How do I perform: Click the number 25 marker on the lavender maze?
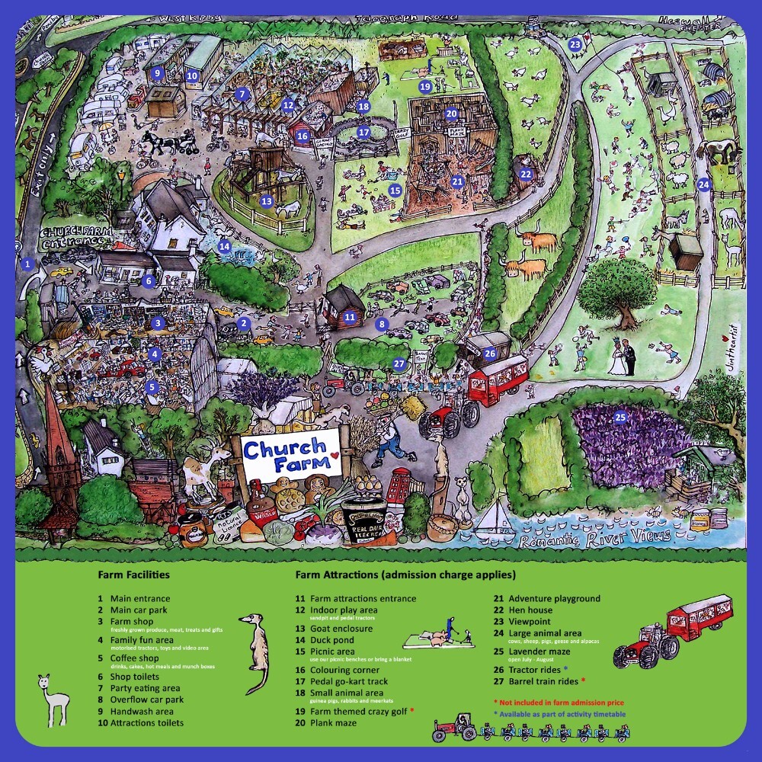click(620, 417)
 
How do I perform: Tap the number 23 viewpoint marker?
click(575, 45)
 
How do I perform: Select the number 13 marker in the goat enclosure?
click(266, 201)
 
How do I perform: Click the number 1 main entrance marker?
click(27, 264)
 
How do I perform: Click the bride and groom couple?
click(624, 357)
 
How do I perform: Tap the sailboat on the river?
click(494, 518)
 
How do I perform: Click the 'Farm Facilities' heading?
click(133, 575)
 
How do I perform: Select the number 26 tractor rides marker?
click(490, 353)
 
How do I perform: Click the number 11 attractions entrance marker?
click(350, 315)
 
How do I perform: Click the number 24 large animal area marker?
click(703, 184)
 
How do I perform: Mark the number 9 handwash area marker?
click(157, 73)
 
